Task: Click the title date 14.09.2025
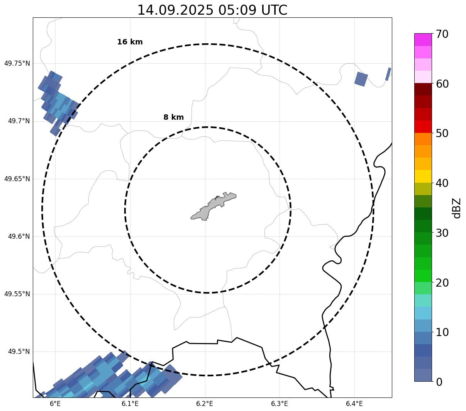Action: [x=175, y=10]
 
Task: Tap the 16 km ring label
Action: [x=130, y=42]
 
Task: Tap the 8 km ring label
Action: [x=173, y=117]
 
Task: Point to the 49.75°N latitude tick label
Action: [x=17, y=63]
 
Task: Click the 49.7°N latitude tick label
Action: [x=19, y=121]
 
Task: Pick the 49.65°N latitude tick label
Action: [x=17, y=179]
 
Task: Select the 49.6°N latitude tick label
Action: [x=19, y=236]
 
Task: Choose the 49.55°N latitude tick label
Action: [x=17, y=294]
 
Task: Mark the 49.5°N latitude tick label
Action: [x=19, y=352]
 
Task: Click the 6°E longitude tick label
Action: [x=55, y=404]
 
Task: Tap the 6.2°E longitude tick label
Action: [x=205, y=404]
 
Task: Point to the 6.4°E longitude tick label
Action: [x=354, y=404]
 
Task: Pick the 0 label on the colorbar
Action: [x=439, y=382]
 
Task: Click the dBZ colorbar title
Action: [x=457, y=208]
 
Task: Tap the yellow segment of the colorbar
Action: [x=423, y=176]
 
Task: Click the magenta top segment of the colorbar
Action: [x=423, y=39]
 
